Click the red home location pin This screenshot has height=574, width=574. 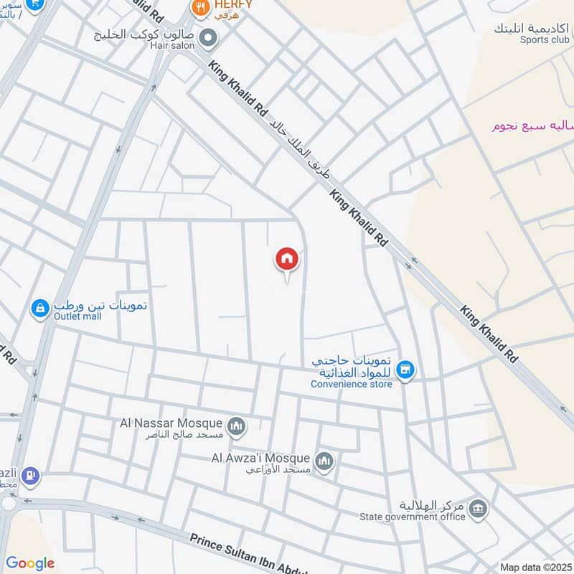pos(287,259)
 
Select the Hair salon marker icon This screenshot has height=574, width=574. pos(209,37)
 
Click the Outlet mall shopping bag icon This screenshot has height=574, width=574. pos(39,309)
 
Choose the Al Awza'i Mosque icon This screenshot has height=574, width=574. pos(324,461)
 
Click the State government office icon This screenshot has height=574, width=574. pos(477,511)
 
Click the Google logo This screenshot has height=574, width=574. pos(30,563)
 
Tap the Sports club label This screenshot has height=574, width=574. pos(545,40)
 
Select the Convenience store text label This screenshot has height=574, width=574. pos(352,384)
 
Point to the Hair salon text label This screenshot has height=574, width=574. pos(172,45)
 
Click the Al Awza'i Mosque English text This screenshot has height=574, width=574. pos(260,458)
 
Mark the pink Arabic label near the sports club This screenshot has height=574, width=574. pos(532,126)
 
